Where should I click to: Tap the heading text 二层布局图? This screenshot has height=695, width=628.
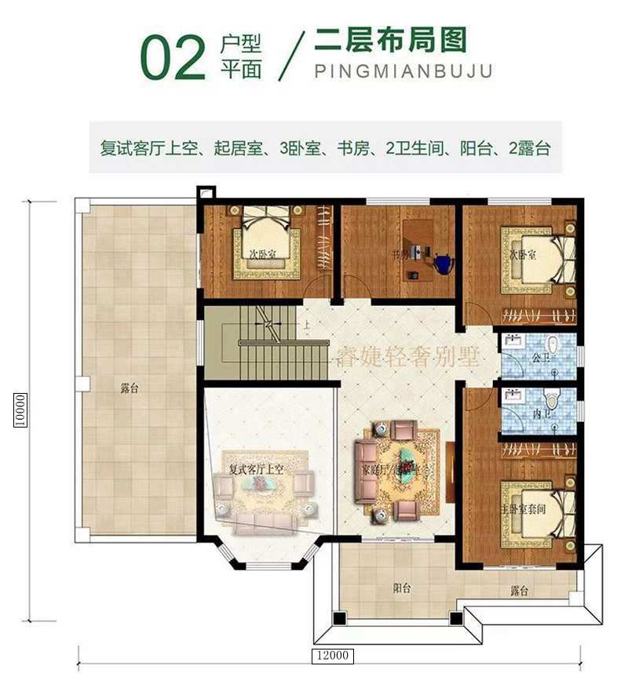[389, 39]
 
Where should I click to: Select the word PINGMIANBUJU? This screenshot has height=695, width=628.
[403, 71]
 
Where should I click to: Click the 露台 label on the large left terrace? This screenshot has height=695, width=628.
[130, 388]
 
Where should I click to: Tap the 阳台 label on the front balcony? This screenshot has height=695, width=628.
[402, 588]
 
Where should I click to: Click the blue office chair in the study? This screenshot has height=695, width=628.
[442, 264]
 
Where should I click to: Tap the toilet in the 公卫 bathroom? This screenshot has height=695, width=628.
[553, 345]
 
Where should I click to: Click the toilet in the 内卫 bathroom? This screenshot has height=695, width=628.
[553, 400]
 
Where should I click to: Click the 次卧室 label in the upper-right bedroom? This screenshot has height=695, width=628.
[520, 256]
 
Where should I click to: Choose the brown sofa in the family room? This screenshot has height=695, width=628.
[365, 470]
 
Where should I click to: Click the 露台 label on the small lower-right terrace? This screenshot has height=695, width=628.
[517, 591]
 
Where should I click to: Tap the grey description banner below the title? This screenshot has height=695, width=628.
[325, 147]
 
